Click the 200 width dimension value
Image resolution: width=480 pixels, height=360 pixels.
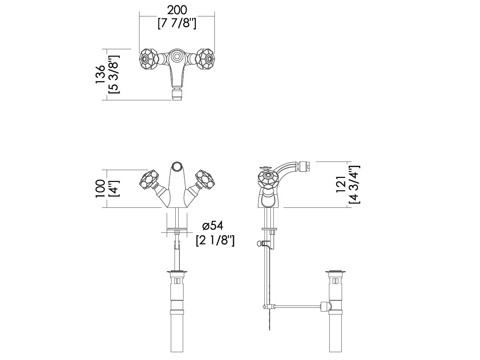[177, 10]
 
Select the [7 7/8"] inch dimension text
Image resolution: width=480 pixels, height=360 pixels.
[177, 23]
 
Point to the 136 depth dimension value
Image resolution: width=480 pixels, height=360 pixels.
[100, 75]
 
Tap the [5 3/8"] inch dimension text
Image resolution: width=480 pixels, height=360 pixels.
[113, 75]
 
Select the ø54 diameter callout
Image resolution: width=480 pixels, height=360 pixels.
[213, 226]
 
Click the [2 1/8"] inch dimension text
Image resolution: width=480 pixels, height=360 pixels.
[215, 240]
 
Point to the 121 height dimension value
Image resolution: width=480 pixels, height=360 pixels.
[341, 184]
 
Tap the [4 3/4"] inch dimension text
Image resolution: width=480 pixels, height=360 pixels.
[354, 184]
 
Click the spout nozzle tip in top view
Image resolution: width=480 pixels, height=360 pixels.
[177, 94]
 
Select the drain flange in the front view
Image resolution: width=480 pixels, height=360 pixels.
[177, 272]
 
